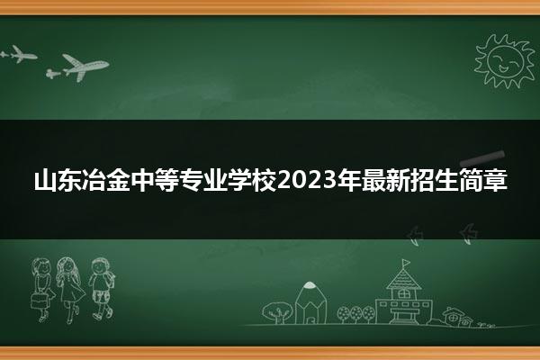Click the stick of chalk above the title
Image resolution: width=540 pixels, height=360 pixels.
482,157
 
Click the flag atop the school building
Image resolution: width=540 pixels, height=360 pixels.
407,263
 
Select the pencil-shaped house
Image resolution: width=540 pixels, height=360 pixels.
310,302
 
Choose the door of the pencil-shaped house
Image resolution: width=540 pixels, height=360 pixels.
310,319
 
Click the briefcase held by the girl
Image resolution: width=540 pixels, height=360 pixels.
40,301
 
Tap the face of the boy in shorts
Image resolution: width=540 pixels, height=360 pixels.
101,266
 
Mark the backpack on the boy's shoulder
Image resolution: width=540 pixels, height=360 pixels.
111,279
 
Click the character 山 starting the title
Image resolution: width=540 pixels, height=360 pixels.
45,180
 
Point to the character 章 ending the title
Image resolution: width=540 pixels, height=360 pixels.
495,180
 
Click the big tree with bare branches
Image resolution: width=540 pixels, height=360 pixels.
277,312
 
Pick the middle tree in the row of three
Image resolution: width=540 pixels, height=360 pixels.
356,314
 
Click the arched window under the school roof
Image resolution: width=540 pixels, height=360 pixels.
403,293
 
